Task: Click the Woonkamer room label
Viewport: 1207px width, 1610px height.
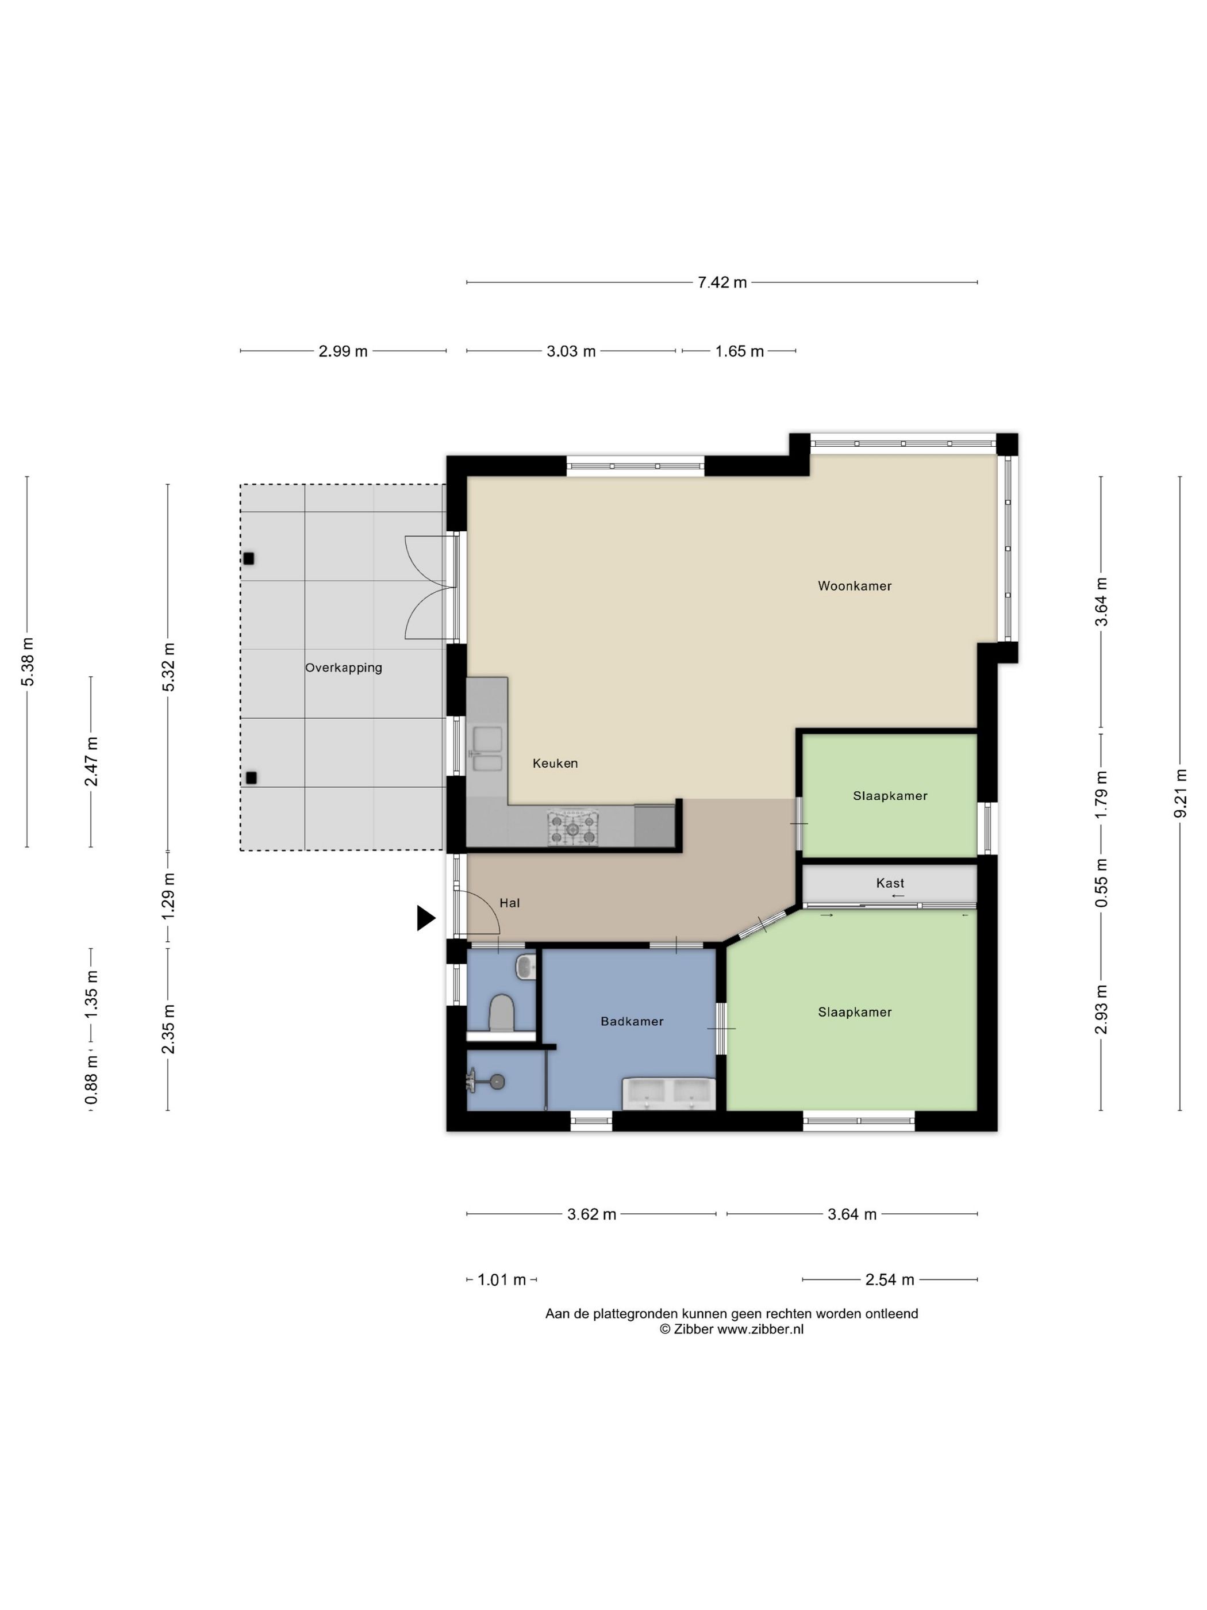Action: (x=854, y=586)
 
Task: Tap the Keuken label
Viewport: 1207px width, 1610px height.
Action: (x=555, y=763)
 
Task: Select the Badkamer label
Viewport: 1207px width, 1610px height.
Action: (x=632, y=1021)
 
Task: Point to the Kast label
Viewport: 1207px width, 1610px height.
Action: (x=890, y=883)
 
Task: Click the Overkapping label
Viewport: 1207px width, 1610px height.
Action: (x=343, y=668)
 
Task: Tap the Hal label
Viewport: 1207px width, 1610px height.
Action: (x=509, y=903)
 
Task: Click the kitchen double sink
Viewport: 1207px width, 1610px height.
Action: (x=485, y=749)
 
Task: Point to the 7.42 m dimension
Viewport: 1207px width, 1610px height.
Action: (x=722, y=282)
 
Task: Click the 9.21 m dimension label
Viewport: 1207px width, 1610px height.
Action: (x=1180, y=793)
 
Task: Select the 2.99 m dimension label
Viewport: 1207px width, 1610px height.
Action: (x=343, y=351)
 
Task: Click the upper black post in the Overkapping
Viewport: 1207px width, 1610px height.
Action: (x=248, y=559)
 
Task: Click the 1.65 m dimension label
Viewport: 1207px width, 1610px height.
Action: (x=739, y=351)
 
